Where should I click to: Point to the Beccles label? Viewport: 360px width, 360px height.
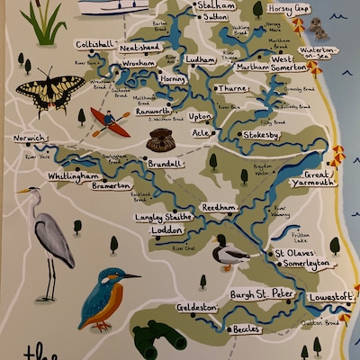(245, 329)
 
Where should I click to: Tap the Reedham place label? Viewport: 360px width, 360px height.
(220, 206)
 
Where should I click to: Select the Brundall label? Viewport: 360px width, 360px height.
(165, 164)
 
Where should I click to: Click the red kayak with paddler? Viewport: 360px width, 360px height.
(109, 121)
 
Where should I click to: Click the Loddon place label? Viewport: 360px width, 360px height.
(167, 229)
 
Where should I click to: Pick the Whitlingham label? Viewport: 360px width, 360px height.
(73, 176)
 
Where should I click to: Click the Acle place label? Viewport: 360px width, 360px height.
(201, 132)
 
